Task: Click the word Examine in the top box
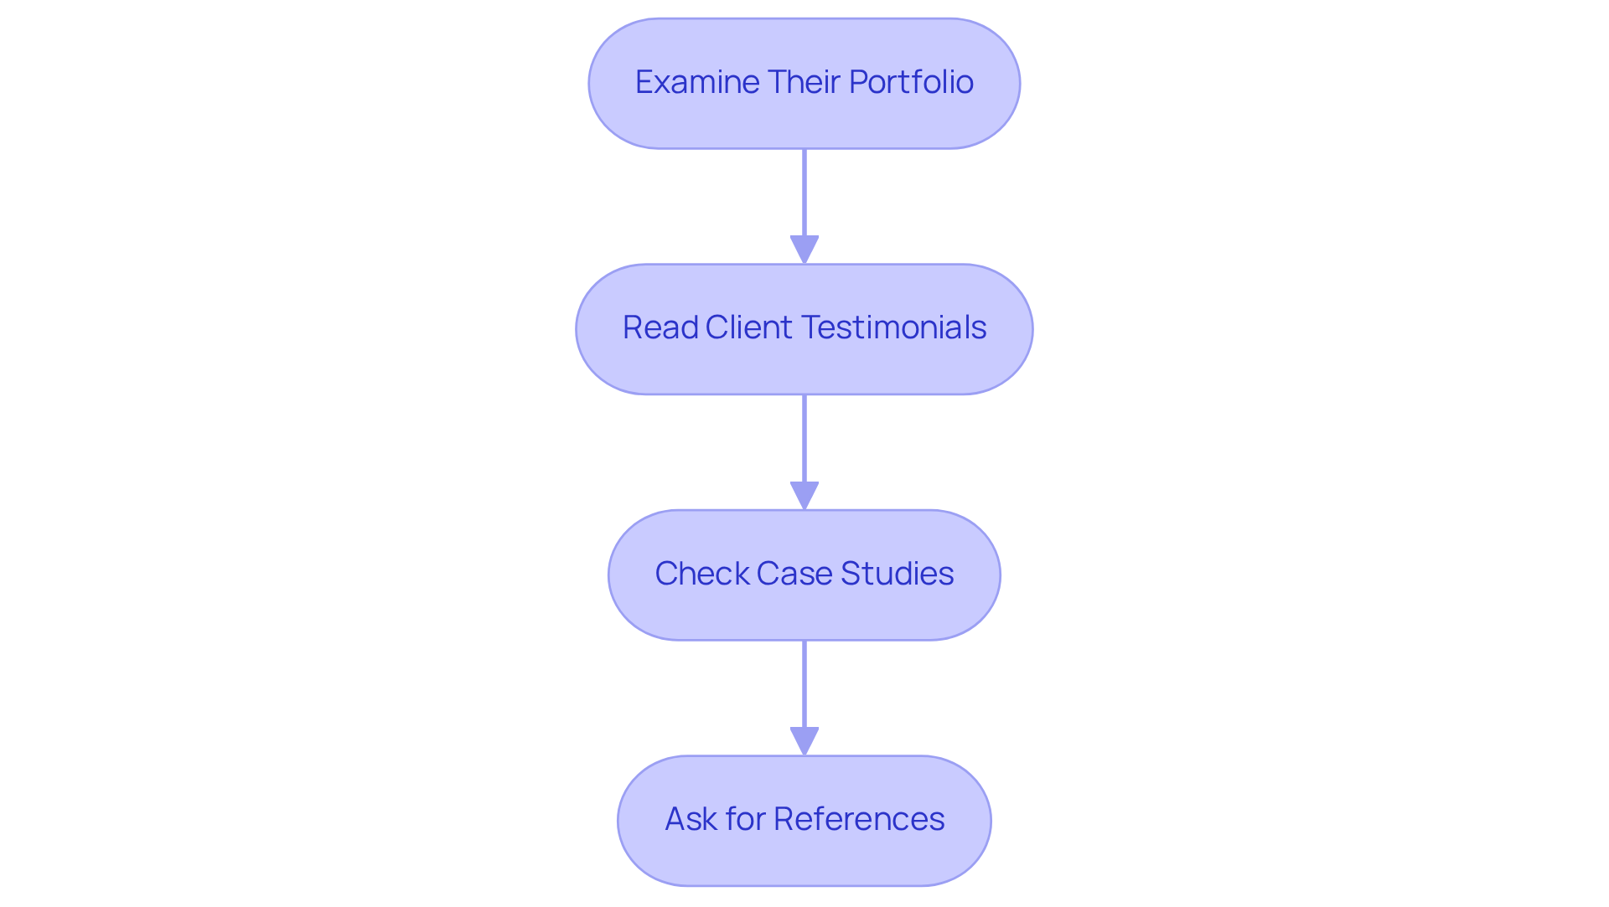(697, 82)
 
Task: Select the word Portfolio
(911, 82)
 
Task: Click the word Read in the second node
(660, 327)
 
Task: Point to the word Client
(749, 327)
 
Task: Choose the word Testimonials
(894, 327)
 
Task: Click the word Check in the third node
(701, 574)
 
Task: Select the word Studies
(897, 574)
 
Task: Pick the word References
(859, 819)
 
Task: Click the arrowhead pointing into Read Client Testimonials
(804, 250)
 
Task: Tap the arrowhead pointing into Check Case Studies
(804, 495)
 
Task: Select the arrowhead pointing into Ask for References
(804, 741)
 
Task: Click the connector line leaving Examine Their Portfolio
(804, 193)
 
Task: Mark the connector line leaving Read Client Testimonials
(804, 438)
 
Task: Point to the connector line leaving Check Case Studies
(804, 683)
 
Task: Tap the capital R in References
(783, 819)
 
